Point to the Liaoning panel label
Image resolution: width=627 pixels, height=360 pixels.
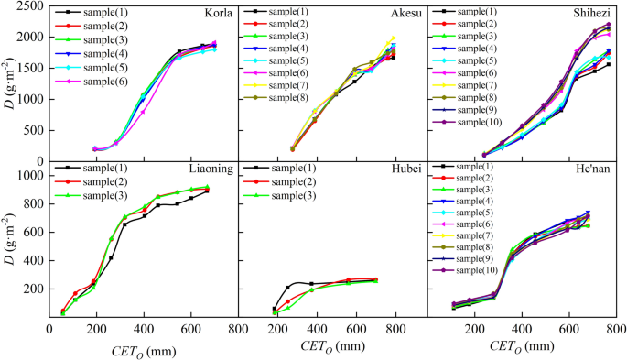211,169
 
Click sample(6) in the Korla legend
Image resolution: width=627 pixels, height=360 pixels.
103,82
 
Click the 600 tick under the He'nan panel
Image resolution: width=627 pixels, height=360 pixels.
568,327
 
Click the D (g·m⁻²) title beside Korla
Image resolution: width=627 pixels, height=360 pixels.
8,82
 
